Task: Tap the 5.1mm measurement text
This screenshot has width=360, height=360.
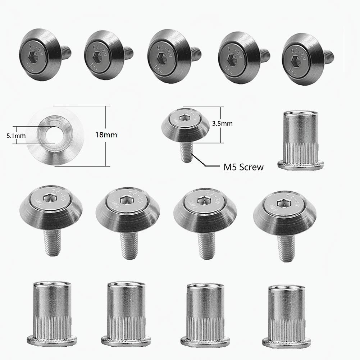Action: [8, 136]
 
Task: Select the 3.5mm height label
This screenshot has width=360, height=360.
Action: [222, 123]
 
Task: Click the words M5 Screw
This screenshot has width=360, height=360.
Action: [242, 167]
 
